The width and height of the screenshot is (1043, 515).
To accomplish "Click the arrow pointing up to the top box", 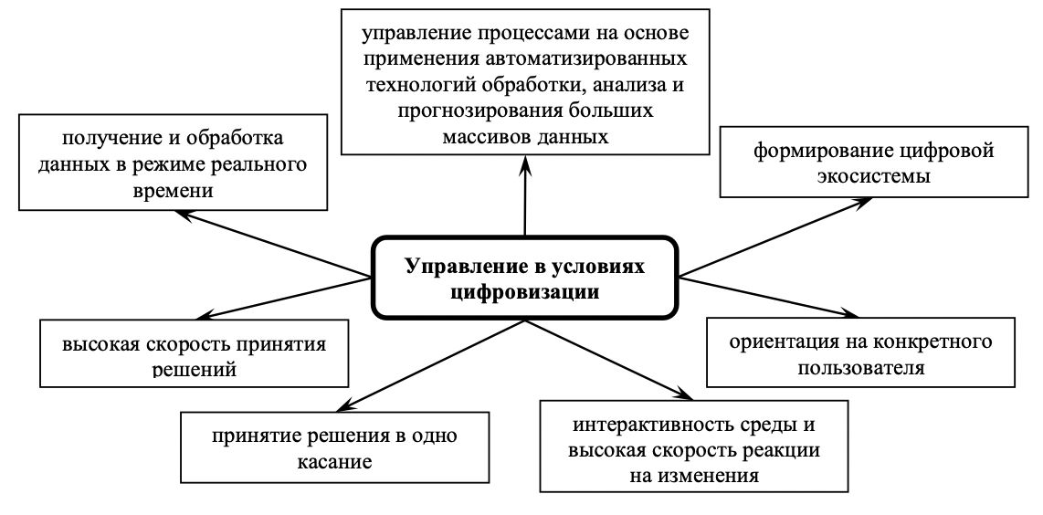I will click(525, 196).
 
